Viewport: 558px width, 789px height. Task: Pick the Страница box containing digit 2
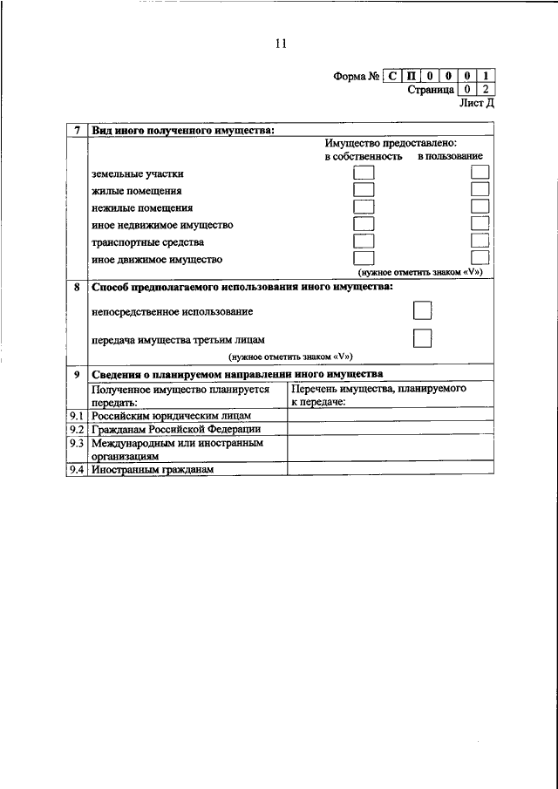coord(486,89)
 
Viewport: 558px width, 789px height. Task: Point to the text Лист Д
coord(476,103)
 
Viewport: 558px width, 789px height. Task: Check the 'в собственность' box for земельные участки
coord(363,173)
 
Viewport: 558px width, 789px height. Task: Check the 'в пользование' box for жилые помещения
coord(480,190)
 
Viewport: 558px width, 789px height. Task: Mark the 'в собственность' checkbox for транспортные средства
coord(363,241)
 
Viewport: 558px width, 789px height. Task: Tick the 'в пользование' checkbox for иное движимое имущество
coord(480,257)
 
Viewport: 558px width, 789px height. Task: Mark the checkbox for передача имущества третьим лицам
coord(422,338)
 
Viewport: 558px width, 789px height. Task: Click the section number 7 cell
coord(78,131)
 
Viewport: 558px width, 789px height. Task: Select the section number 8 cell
coord(78,287)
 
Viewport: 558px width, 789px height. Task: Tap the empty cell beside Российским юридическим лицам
coord(391,415)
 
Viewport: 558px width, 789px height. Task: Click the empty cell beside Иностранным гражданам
coord(391,469)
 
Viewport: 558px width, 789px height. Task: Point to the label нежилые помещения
coord(142,207)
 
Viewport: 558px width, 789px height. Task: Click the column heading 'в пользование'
coord(450,156)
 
